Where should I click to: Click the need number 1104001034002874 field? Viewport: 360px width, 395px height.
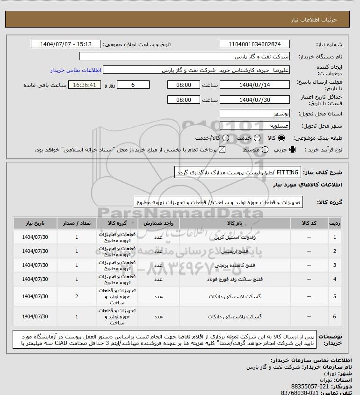click(x=255, y=44)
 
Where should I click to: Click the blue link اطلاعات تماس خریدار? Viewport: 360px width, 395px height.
click(x=75, y=70)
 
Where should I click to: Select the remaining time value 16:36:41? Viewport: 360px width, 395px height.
click(x=85, y=85)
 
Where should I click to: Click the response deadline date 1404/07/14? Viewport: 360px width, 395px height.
click(x=255, y=85)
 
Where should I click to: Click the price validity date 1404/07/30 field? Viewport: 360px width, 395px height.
click(x=255, y=100)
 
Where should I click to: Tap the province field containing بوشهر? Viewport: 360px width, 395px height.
click(x=255, y=114)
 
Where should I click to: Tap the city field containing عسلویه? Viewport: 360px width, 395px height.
click(x=255, y=126)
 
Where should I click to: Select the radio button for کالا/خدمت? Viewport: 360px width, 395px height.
click(x=226, y=138)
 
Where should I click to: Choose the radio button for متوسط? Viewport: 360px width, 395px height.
click(x=266, y=150)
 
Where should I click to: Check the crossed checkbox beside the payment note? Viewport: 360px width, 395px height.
click(x=222, y=150)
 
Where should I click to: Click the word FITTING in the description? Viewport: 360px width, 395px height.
click(x=288, y=172)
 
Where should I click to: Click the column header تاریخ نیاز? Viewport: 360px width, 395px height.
click(x=35, y=223)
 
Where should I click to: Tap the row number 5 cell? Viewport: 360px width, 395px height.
click(x=334, y=296)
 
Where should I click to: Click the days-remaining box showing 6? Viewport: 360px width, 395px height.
click(x=133, y=85)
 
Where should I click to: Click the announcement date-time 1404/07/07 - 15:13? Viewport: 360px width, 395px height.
click(x=66, y=44)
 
